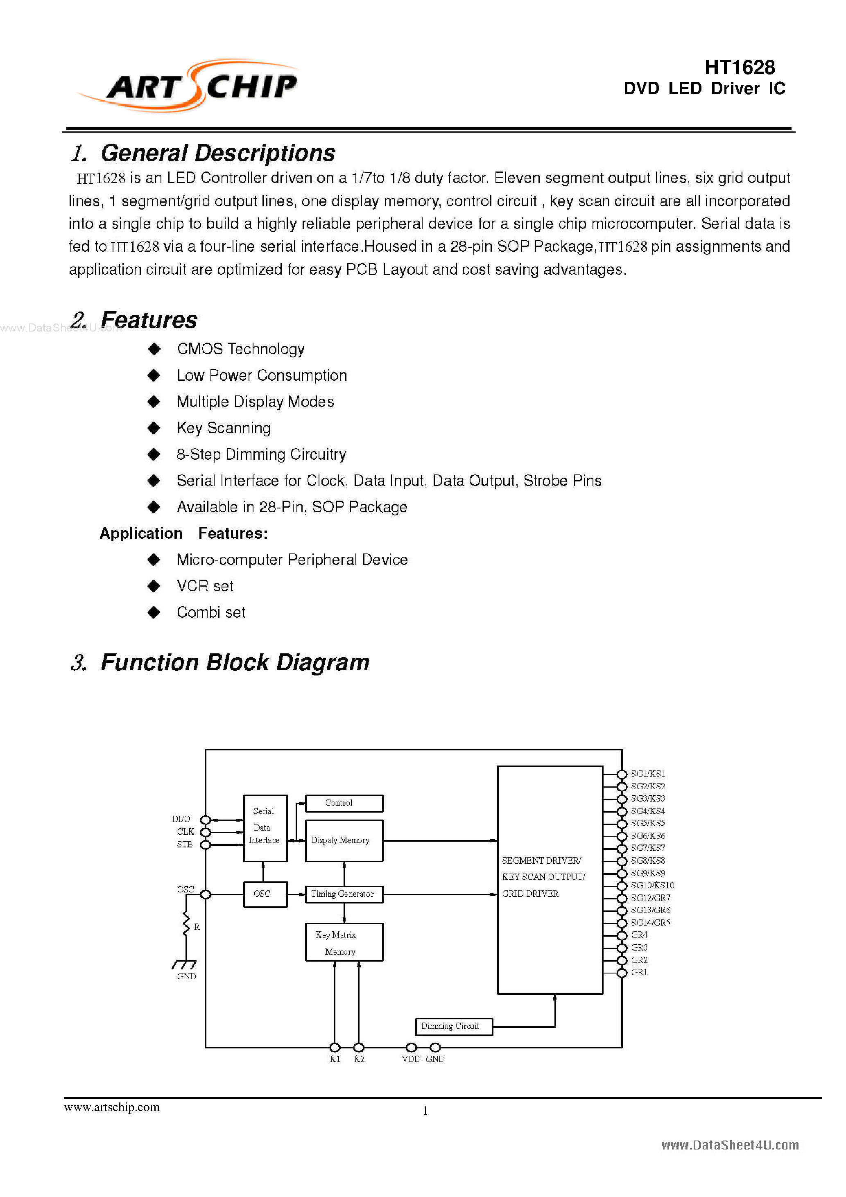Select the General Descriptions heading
[x=217, y=153]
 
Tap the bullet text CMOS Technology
[x=240, y=349]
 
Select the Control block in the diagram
[x=344, y=803]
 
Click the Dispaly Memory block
[x=344, y=840]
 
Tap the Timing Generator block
[x=344, y=894]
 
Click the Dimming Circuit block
[x=453, y=1026]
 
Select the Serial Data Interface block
[x=265, y=828]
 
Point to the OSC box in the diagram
[x=265, y=894]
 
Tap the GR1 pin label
[x=639, y=972]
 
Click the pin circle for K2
[x=359, y=1047]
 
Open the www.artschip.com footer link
[x=112, y=1107]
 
